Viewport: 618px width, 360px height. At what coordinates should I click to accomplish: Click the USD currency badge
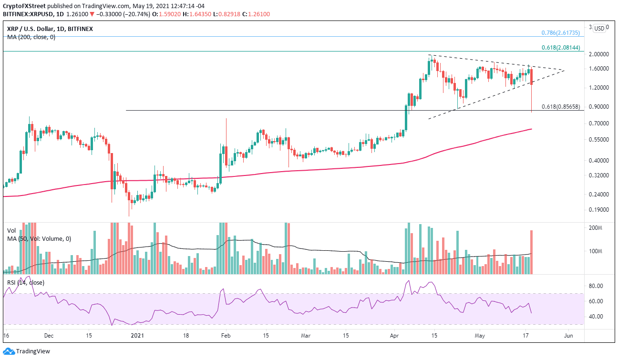[599, 28]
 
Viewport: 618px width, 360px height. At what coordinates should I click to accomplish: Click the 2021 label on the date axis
[138, 336]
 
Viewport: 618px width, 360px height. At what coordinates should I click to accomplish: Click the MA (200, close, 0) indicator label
[31, 37]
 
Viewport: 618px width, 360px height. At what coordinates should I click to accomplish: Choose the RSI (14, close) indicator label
[26, 283]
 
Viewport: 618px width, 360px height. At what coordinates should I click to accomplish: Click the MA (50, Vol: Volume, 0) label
[39, 238]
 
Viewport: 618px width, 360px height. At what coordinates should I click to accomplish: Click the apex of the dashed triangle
[565, 71]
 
